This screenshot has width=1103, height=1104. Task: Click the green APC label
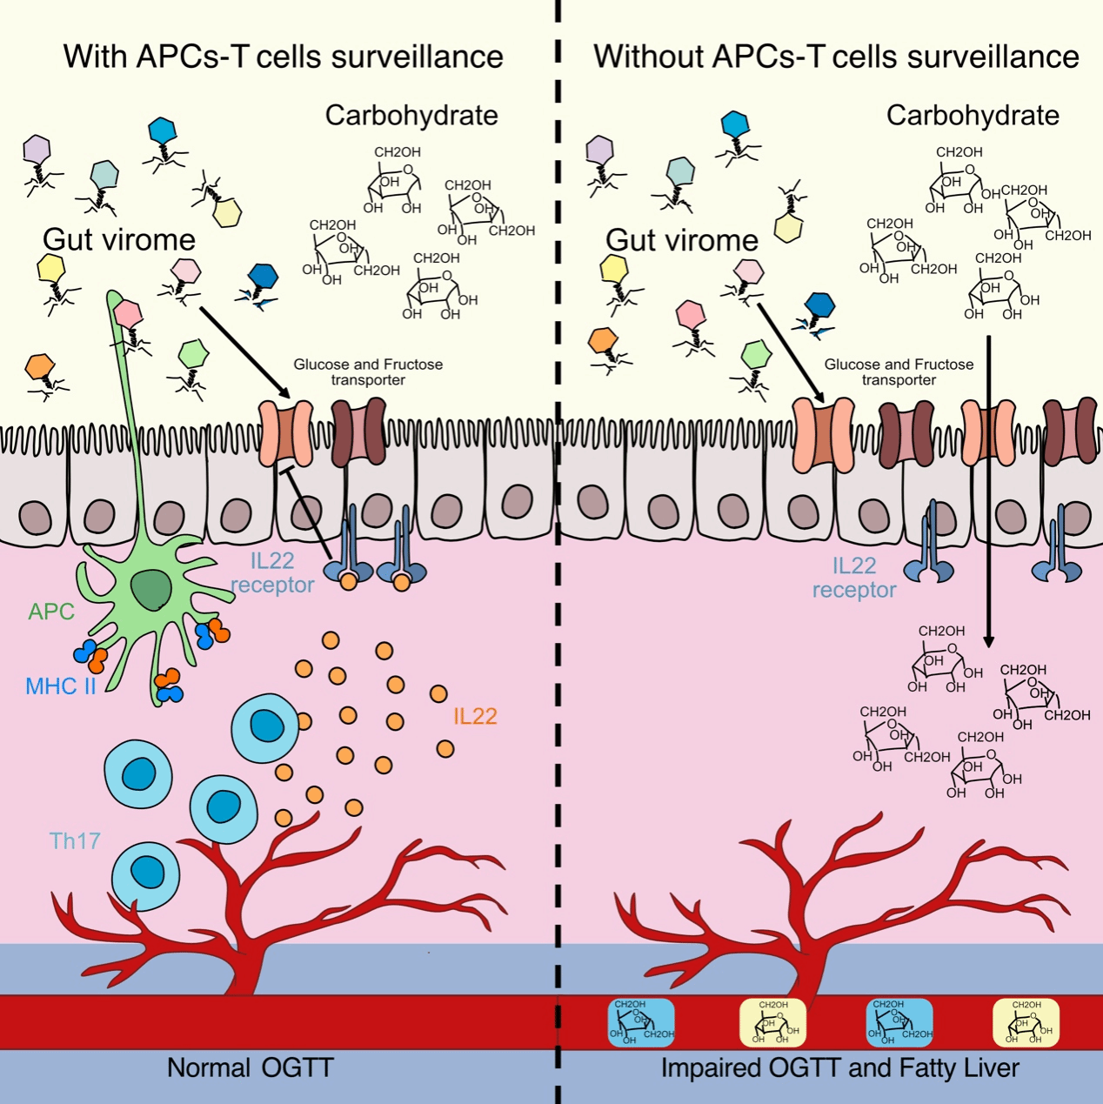click(51, 612)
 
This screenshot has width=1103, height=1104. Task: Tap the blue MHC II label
click(60, 686)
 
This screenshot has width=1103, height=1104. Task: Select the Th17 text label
click(75, 840)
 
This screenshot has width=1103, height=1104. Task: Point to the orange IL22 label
click(475, 716)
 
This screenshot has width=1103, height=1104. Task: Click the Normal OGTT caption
click(250, 1067)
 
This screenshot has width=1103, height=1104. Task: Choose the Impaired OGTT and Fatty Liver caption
click(839, 1067)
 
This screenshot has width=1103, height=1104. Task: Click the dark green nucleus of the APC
click(151, 592)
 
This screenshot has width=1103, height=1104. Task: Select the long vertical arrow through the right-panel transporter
click(988, 487)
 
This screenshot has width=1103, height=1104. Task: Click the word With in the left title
click(95, 57)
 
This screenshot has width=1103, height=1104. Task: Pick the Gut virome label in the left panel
click(119, 239)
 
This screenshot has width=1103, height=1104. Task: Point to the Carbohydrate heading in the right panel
click(973, 115)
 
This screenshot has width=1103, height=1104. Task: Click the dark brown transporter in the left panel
click(358, 432)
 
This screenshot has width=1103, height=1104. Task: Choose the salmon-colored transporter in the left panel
click(286, 432)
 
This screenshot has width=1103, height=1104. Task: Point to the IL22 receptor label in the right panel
click(853, 578)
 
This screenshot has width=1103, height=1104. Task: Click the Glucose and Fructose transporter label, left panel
click(368, 371)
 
